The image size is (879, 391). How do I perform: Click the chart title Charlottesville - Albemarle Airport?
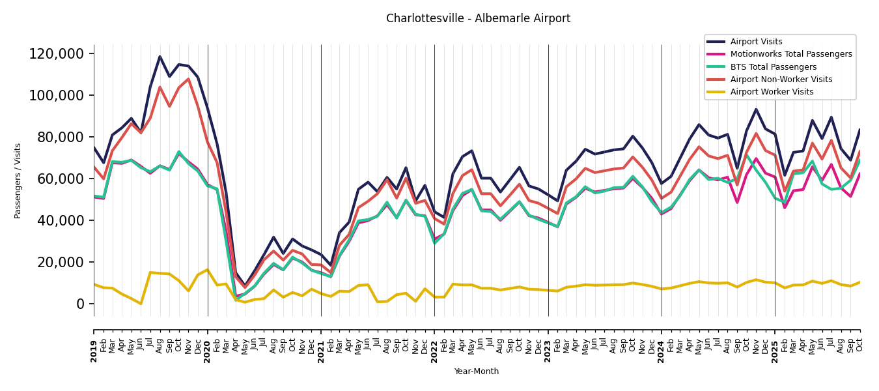478,19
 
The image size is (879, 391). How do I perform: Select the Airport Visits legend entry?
756,42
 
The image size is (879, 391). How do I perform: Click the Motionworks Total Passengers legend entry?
790,54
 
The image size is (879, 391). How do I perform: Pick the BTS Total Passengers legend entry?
773,67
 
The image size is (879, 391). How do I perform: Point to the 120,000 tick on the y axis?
57,54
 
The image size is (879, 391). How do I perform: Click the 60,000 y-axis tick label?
60,179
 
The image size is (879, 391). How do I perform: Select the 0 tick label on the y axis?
81,304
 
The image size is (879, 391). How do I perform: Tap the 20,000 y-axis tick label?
60,263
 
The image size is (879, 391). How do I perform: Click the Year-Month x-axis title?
477,371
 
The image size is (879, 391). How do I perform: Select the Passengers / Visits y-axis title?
18,181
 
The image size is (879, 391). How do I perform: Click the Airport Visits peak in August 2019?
160,56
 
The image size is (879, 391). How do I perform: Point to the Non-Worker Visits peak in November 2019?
188,79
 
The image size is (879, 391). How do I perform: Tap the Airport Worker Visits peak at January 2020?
208,270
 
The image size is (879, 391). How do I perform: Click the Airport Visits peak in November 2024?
756,109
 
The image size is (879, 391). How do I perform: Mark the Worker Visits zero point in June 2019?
141,304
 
